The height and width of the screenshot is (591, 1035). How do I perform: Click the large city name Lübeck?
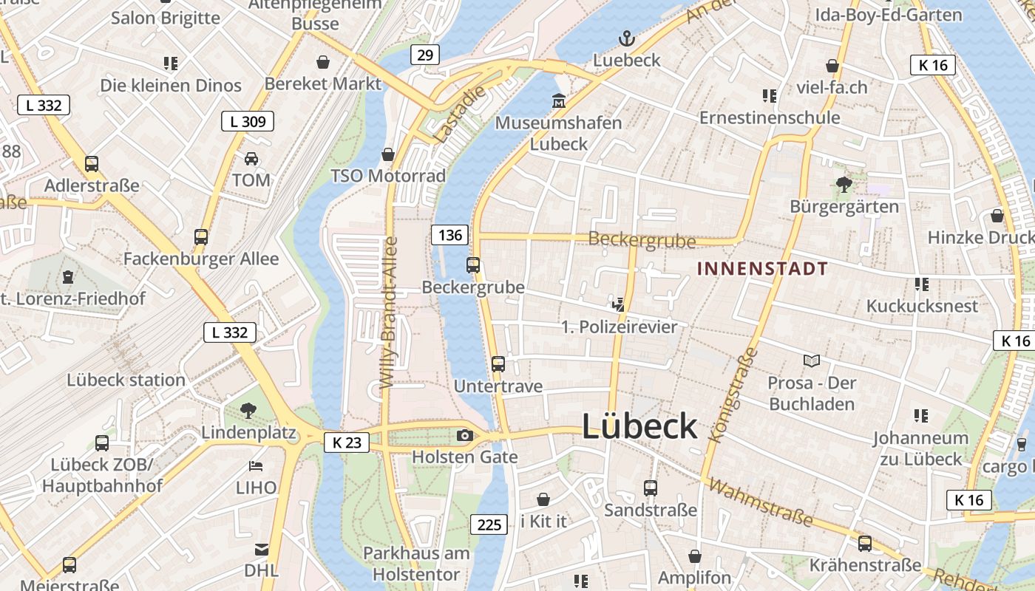[x=639, y=427]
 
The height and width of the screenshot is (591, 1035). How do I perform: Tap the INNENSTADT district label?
[x=762, y=268]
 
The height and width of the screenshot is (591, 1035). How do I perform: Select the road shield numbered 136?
[x=449, y=235]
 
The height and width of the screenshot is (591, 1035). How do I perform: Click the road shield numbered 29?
[x=424, y=55]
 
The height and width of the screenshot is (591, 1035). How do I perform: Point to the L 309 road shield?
[x=248, y=121]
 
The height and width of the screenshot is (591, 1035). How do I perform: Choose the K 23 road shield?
[x=347, y=443]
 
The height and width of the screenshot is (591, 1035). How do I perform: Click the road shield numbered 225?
[x=489, y=525]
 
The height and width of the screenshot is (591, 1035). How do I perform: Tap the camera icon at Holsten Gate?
[x=465, y=435]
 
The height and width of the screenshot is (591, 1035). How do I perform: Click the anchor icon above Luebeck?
[x=627, y=38]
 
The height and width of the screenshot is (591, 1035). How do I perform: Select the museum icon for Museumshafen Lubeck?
[x=559, y=100]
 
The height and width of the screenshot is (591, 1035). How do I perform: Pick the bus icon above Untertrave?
[x=498, y=363]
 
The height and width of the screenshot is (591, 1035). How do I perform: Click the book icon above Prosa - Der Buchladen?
[x=812, y=361]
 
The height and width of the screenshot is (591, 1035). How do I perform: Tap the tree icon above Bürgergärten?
[x=844, y=184]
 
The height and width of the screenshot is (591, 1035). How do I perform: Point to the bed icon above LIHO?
[x=256, y=465]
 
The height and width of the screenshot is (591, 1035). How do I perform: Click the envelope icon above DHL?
[x=262, y=549]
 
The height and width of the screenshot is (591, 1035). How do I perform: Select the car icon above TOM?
[x=251, y=158]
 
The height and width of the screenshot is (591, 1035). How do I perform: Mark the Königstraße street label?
[x=733, y=395]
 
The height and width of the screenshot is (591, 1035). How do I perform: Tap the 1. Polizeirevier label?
[x=620, y=327]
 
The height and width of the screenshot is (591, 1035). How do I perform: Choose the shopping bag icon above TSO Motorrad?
[x=388, y=154]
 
